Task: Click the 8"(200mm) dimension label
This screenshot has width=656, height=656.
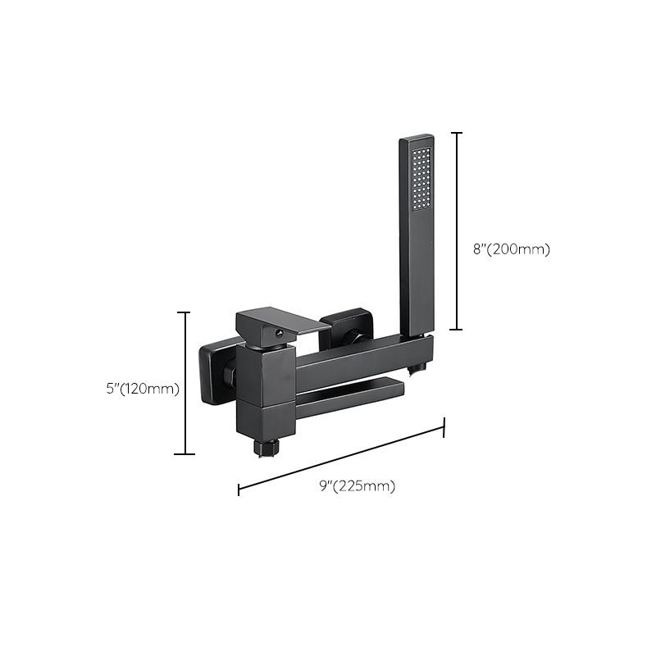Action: tap(511, 249)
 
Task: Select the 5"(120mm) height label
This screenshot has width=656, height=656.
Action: tap(143, 388)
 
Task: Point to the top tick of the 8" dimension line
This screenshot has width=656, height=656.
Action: tap(457, 133)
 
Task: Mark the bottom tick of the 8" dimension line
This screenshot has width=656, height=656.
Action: tap(457, 329)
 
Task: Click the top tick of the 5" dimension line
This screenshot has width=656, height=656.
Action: tap(184, 312)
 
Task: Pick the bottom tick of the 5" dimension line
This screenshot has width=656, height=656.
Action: tap(184, 453)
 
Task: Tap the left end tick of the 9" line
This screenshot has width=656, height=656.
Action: tap(239, 490)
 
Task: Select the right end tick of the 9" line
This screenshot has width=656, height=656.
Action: tap(444, 426)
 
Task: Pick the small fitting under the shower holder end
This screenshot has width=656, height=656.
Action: tap(423, 363)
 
